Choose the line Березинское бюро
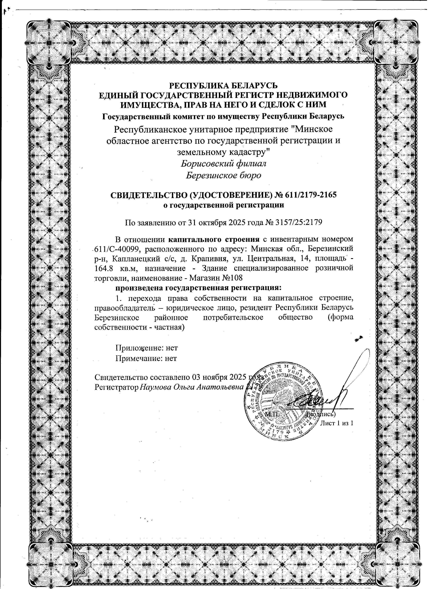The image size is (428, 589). pyautogui.click(x=223, y=175)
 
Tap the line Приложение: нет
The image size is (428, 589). pyautogui.click(x=147, y=347)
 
